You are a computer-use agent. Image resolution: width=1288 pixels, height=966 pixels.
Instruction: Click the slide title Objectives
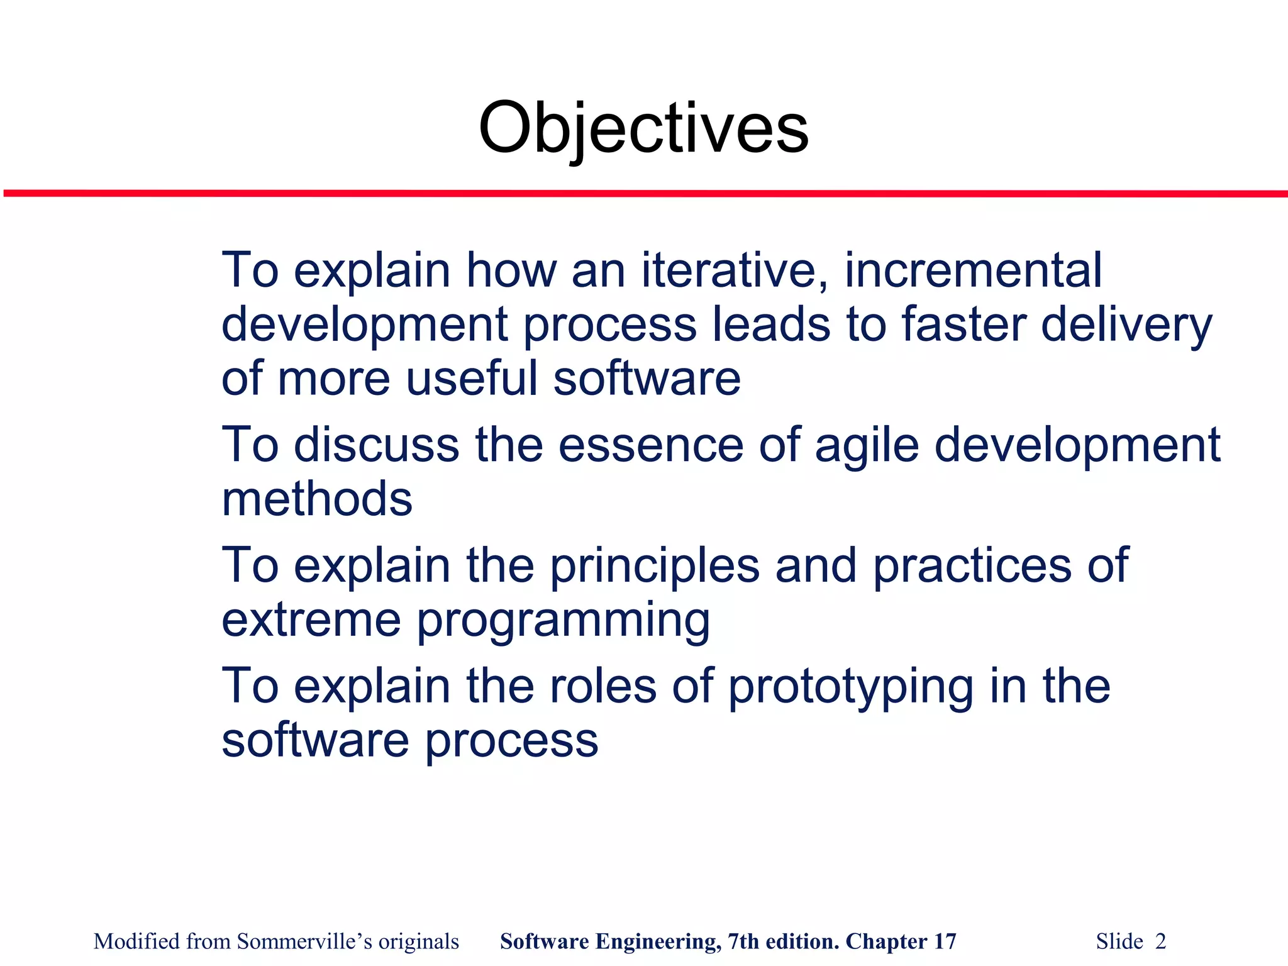tap(643, 129)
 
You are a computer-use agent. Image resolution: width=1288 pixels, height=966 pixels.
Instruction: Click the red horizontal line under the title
tap(644, 194)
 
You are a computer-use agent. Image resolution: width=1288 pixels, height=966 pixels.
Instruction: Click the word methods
tap(317, 499)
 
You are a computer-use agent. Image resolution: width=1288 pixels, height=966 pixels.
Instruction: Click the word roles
tap(603, 686)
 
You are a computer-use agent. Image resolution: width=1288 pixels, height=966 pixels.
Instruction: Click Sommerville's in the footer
tap(304, 941)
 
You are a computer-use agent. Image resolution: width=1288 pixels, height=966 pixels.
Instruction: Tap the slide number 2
tap(1160, 941)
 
